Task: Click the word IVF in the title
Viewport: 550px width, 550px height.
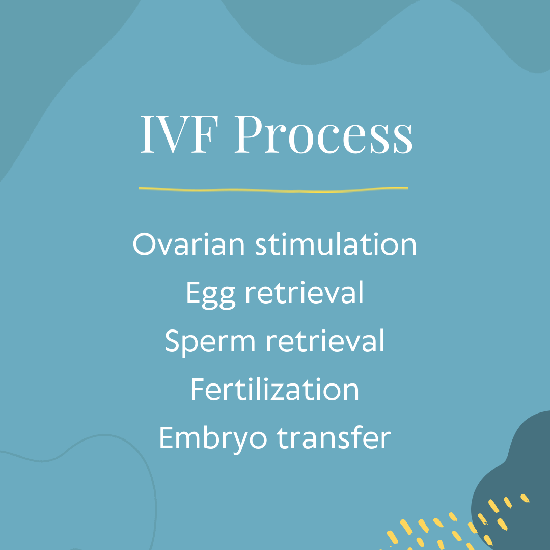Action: tap(180, 134)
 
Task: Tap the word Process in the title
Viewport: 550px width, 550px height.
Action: tap(324, 134)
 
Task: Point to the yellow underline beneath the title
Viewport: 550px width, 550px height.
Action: tap(273, 190)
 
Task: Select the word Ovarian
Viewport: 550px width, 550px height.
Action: tap(188, 244)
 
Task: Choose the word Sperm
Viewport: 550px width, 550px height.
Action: tap(210, 342)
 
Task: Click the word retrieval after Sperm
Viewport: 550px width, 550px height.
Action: tap(325, 340)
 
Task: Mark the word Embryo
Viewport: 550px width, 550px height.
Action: tap(213, 439)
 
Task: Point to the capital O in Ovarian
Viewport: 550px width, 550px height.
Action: tap(144, 244)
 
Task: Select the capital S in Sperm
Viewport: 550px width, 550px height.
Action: tap(172, 341)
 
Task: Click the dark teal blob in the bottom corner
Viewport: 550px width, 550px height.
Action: tap(515, 481)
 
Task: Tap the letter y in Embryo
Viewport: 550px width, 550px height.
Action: tap(241, 442)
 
